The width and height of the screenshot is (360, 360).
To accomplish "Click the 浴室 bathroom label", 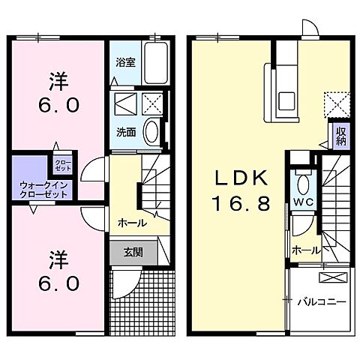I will coord(125,62).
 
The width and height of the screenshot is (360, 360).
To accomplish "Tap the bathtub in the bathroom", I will coord(155,63).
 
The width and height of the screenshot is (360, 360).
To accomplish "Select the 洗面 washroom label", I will coord(125,132).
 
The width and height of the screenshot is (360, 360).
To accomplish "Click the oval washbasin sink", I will coord(151,133).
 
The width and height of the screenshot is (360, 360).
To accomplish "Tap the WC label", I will coord(303,202).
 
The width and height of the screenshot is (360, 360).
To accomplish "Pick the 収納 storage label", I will coord(341,136).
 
